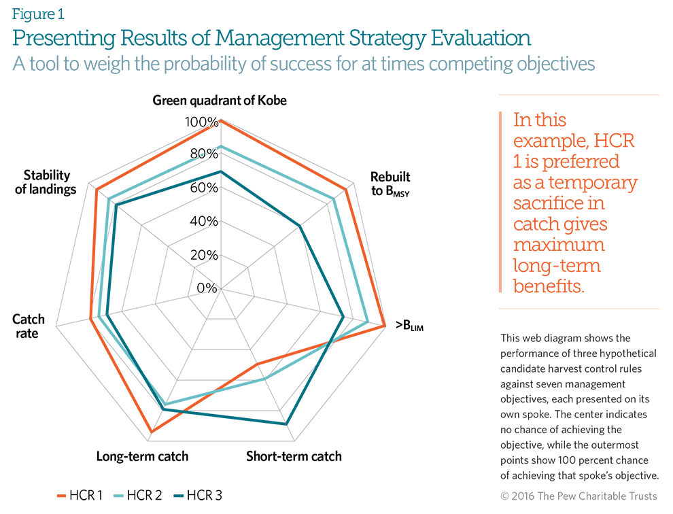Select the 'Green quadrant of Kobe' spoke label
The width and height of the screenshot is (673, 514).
point(220,101)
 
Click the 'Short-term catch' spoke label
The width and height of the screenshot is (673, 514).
point(294,456)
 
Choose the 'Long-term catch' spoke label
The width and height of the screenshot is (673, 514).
point(142,456)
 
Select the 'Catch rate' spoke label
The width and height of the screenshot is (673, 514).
point(29,326)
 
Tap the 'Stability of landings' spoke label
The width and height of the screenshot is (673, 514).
point(46,182)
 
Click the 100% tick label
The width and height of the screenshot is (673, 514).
point(203,123)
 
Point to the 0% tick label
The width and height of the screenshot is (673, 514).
point(207,288)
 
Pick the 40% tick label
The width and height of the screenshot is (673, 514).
point(204,222)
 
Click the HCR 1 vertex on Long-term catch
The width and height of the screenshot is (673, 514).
point(152,432)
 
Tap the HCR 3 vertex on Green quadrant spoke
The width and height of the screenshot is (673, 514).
point(220,171)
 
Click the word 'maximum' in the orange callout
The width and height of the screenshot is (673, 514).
point(559,245)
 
